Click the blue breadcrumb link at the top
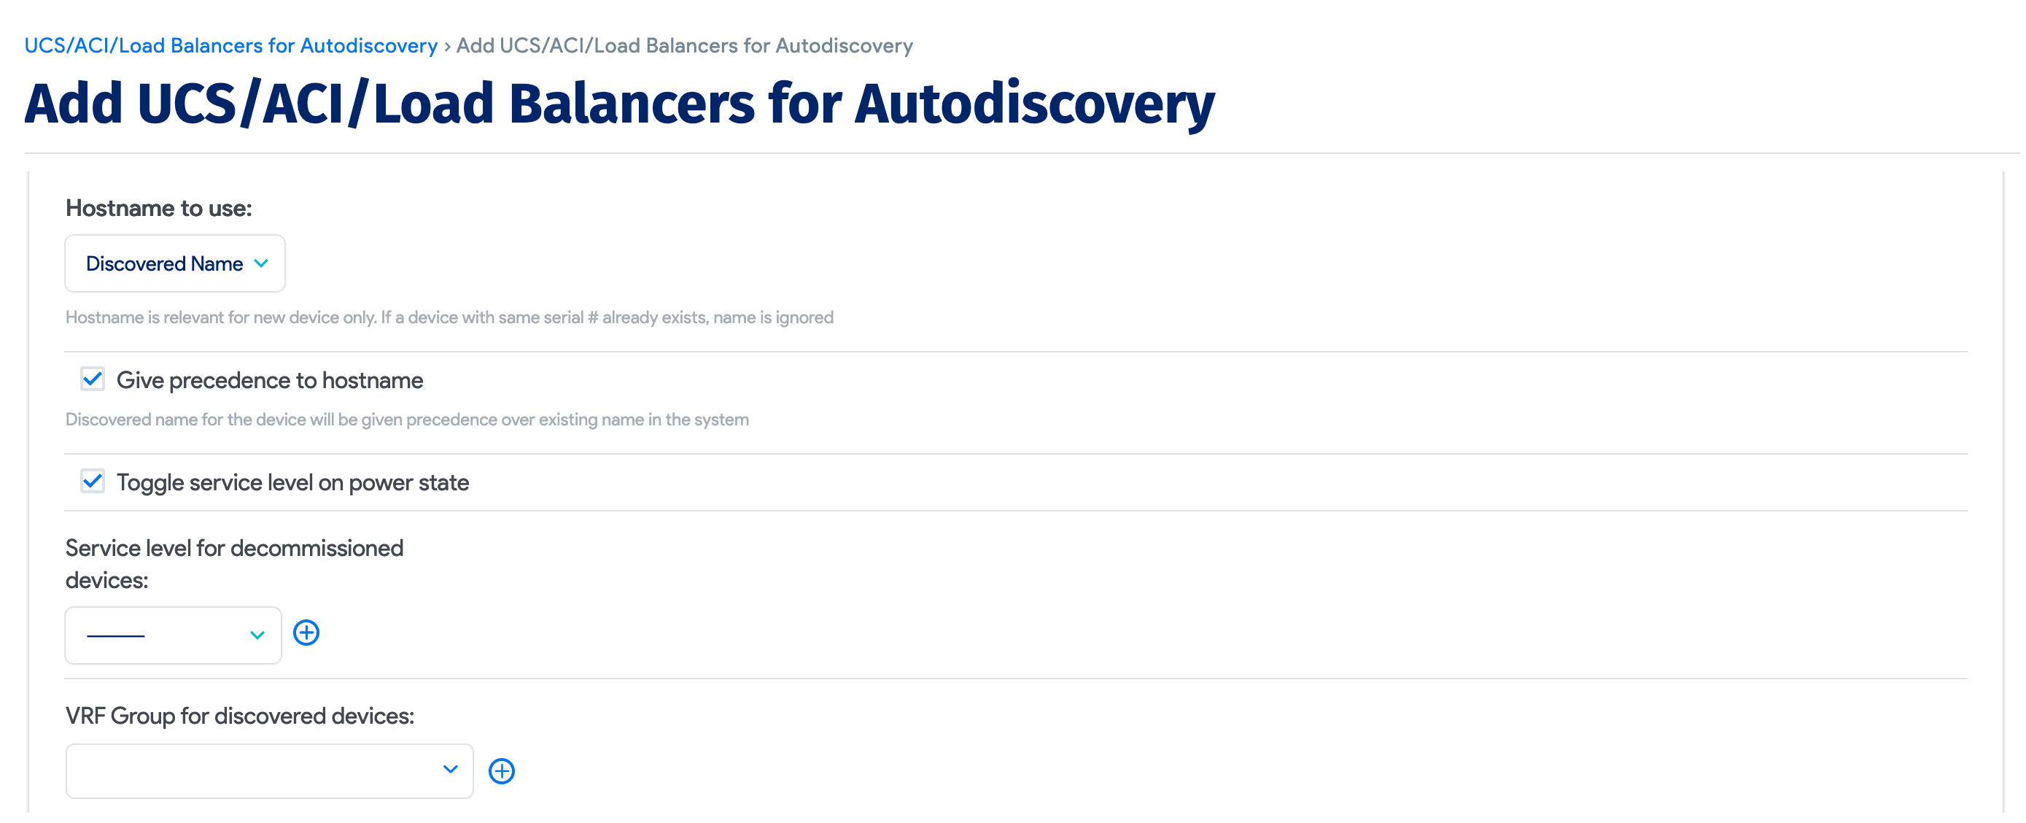click(x=230, y=46)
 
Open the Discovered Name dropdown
click(x=174, y=263)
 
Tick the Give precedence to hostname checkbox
click(x=93, y=379)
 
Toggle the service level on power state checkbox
click(x=93, y=481)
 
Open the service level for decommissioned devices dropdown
click(x=173, y=635)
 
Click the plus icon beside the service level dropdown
click(x=306, y=633)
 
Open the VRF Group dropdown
click(x=269, y=770)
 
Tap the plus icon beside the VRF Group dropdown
click(x=502, y=771)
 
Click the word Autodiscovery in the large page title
click(x=1034, y=104)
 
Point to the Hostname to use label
click(x=159, y=209)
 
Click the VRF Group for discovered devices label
click(x=240, y=716)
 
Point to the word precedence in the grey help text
click(x=452, y=420)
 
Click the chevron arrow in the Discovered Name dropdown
click(x=262, y=263)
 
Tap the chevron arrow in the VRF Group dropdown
click(x=451, y=770)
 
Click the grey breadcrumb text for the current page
click(x=684, y=46)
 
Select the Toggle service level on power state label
click(x=292, y=482)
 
